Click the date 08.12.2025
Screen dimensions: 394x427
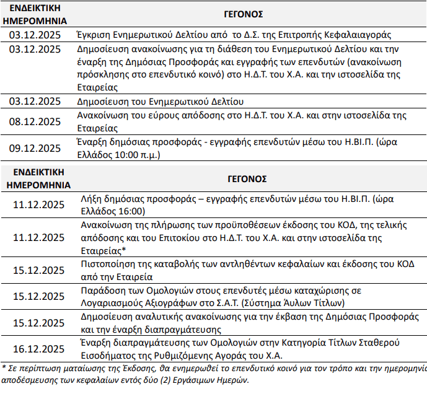click(x=35, y=122)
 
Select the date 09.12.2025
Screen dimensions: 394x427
click(x=35, y=148)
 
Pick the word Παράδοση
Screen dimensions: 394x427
click(x=102, y=291)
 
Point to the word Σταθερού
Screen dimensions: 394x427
click(x=381, y=344)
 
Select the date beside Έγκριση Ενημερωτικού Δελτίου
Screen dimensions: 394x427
click(x=35, y=35)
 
